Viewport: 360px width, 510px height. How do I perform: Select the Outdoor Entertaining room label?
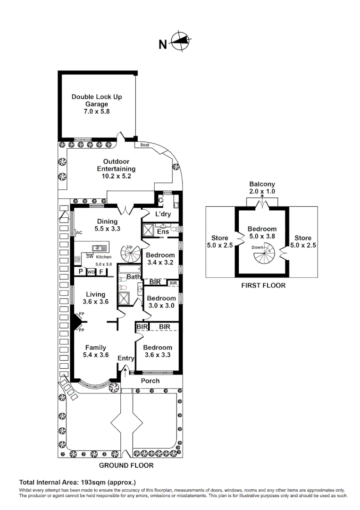(x=116, y=169)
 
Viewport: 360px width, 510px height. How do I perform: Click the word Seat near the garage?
(x=144, y=145)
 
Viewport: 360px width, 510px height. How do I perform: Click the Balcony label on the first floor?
(x=262, y=184)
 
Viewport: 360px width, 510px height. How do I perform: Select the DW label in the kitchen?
(x=89, y=256)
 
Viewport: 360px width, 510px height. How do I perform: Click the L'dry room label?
(x=163, y=214)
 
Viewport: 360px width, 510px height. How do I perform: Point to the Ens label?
(x=163, y=232)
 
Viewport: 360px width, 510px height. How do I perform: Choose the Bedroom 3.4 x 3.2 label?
(x=160, y=259)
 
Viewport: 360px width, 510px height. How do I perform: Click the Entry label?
(x=126, y=358)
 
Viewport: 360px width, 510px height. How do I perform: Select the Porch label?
(x=151, y=381)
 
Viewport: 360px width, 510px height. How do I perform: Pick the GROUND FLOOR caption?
(x=126, y=465)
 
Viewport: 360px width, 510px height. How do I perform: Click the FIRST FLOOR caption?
(x=263, y=285)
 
